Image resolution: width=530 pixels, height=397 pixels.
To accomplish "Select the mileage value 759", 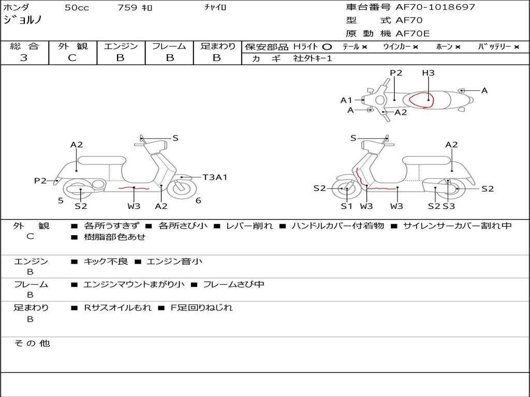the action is [127, 8].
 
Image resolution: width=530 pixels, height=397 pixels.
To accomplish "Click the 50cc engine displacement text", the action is [77, 8].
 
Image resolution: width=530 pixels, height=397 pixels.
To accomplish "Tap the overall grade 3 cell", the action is [24, 58].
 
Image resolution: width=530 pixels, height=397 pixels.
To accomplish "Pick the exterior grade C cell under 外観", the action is [72, 58].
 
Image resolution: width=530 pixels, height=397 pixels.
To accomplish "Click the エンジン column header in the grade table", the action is [121, 47].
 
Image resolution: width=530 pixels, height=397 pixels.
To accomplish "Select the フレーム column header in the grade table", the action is [169, 47].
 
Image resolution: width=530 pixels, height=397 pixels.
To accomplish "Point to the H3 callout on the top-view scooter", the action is [428, 73].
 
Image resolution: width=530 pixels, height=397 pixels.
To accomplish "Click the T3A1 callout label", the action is [215, 177].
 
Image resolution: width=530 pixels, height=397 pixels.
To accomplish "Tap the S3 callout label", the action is [449, 206].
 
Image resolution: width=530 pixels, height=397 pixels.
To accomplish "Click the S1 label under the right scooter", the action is [346, 206].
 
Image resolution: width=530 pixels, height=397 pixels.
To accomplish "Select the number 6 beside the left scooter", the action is [198, 201].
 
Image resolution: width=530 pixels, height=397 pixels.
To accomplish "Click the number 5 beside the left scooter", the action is [61, 201].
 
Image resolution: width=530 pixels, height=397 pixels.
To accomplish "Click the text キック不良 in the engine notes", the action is [106, 262].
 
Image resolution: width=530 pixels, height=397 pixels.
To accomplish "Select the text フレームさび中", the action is [233, 284].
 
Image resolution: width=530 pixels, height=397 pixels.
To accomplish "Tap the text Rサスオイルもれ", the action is [118, 308].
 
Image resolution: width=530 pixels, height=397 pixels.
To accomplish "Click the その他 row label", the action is [32, 343].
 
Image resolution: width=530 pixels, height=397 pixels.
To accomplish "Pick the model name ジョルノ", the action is [22, 20].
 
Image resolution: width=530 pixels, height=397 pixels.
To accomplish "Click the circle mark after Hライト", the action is [327, 47].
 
